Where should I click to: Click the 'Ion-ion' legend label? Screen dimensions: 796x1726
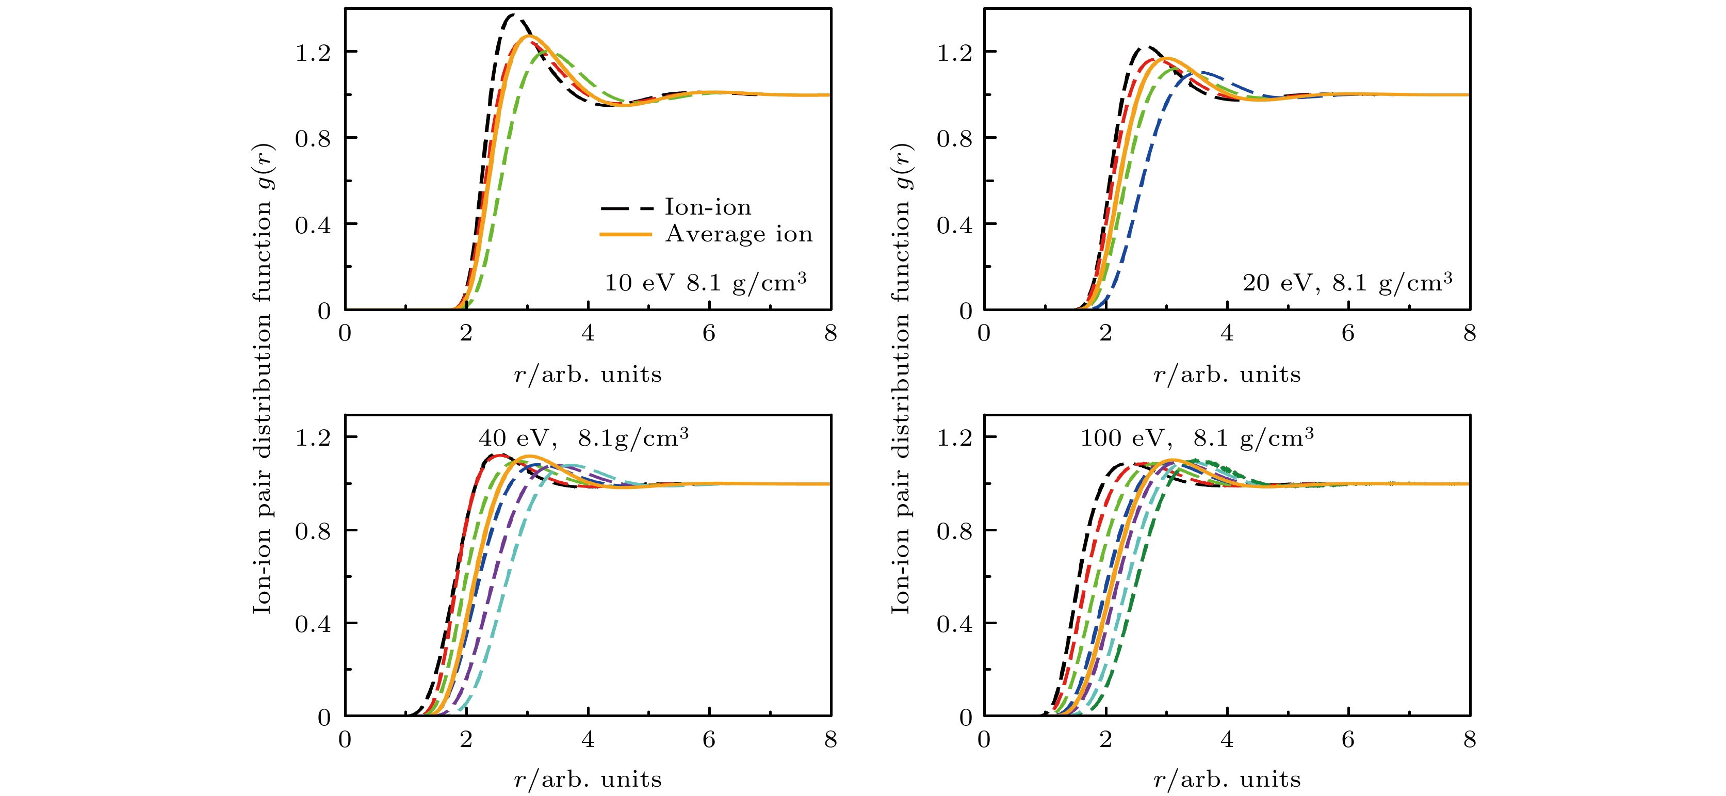708,207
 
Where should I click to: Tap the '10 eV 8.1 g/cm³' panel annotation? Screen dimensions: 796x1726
705,282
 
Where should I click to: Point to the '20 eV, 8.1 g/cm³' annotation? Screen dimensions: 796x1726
1347,282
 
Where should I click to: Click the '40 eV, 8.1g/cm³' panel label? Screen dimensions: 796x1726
583,438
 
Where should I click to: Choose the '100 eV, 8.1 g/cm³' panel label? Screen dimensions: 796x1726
1197,438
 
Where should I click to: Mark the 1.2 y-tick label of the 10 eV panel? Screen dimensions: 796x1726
313,52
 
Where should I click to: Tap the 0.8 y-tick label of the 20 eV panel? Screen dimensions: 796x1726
954,139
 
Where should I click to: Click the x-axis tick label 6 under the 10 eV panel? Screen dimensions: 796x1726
709,333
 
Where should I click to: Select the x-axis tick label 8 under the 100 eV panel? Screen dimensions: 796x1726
1470,740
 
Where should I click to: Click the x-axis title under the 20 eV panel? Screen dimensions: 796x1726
1227,374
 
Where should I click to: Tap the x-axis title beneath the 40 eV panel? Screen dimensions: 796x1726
588,779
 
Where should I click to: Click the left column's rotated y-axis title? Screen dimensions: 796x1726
263,379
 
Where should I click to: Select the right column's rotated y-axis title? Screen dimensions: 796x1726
901,379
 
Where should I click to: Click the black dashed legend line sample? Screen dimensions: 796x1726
626,208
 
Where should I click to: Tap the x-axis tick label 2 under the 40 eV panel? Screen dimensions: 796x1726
466,740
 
